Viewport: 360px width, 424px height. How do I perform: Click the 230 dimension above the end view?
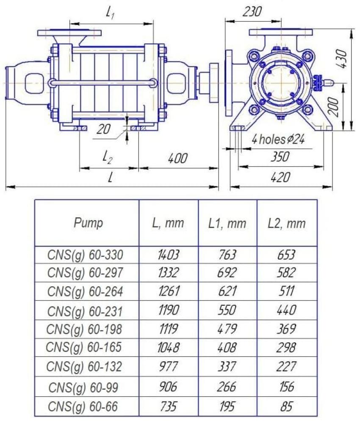click(x=252, y=11)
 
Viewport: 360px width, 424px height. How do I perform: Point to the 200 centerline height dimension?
click(x=334, y=107)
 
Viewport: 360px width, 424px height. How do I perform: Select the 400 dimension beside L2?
click(x=177, y=158)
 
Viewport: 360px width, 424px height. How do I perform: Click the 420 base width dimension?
click(x=280, y=177)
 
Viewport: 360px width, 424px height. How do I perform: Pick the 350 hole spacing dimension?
click(x=280, y=156)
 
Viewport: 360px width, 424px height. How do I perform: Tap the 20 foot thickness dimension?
click(x=103, y=129)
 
